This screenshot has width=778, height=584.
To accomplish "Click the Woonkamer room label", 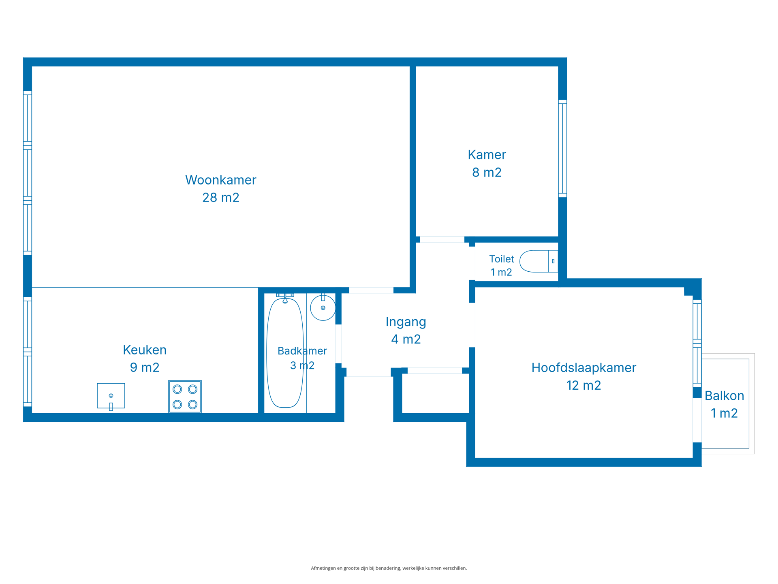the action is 220,180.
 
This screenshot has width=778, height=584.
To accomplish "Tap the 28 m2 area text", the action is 220,198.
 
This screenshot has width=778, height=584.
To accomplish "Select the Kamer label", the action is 487,155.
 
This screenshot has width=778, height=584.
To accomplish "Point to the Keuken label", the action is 145,350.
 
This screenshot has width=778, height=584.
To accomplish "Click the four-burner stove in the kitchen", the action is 185,397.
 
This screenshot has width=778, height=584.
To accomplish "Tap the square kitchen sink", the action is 111,396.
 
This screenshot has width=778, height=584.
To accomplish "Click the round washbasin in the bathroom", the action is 323,308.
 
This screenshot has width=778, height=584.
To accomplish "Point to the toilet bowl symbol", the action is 539,261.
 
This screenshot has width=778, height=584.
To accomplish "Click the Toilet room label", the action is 501,259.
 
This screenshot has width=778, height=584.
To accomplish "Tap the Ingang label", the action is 406,322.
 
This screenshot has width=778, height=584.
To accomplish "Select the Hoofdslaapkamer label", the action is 583,368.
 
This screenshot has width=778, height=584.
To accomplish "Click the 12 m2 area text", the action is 583,385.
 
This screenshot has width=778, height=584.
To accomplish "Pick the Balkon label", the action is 724,395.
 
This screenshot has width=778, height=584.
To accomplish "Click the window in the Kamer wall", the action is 562,148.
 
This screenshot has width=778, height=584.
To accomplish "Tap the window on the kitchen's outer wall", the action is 28,352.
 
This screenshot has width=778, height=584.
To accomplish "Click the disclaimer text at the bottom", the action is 389,568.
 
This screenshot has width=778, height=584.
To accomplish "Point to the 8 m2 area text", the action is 487,172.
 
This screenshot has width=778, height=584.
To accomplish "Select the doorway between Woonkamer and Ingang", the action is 371,290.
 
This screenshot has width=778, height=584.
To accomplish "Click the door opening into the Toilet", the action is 472,263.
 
